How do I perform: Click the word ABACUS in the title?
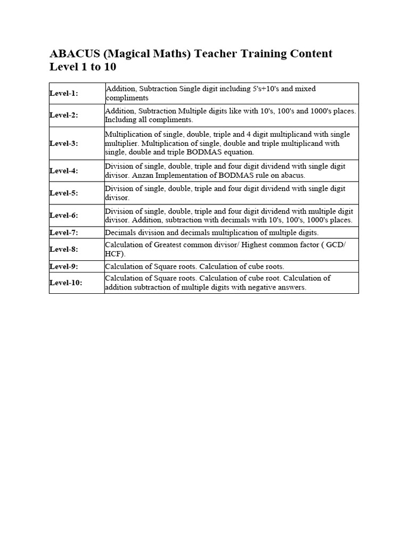click(72, 54)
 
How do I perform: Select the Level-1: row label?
click(64, 93)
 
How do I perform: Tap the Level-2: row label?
click(64, 115)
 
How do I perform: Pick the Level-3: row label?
click(64, 143)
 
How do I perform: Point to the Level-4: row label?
click(64, 171)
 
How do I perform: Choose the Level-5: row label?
click(64, 193)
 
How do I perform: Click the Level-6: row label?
click(64, 216)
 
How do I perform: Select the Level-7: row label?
click(64, 233)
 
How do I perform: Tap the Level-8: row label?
click(64, 249)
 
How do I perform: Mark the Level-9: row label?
click(64, 266)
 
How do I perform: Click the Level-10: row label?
click(66, 283)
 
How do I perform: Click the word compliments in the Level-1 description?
click(127, 98)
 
